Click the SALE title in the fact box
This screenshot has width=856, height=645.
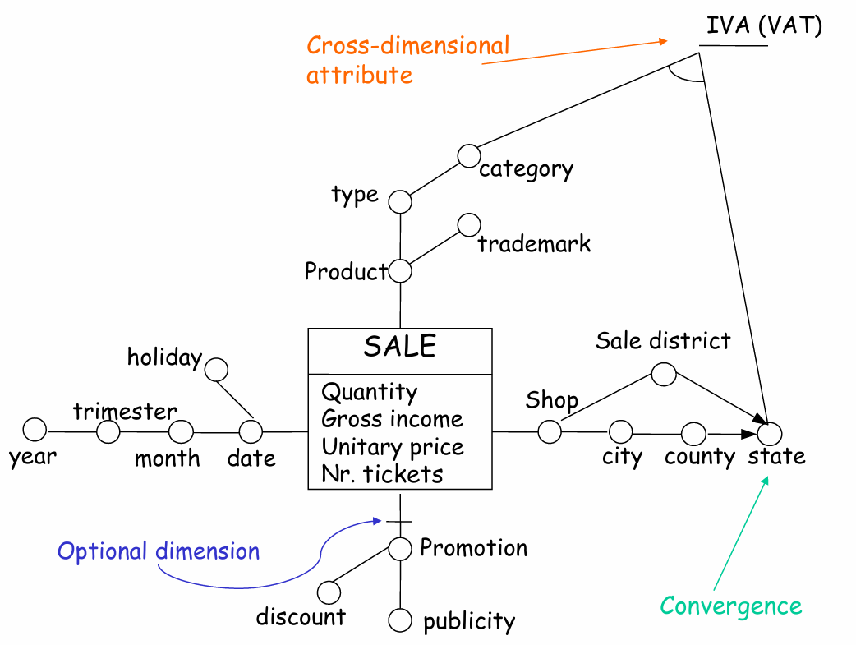tap(399, 347)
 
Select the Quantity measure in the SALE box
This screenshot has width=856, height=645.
tap(369, 392)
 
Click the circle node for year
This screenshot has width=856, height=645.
tap(35, 429)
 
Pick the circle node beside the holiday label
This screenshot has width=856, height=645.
tap(216, 369)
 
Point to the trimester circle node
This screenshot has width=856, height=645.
tap(108, 431)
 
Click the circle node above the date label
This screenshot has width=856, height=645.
tap(251, 431)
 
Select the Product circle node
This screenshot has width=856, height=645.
tap(400, 270)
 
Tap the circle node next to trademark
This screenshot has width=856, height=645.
tap(469, 223)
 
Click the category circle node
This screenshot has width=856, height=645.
tap(469, 154)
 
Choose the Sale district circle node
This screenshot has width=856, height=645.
tap(664, 375)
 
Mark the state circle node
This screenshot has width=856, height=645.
tap(771, 432)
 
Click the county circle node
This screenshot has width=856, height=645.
tap(694, 433)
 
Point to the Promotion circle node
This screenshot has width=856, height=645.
tap(400, 549)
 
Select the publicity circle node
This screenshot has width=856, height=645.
tap(400, 621)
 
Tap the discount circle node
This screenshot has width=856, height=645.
tap(329, 592)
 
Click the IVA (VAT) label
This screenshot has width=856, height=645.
tap(764, 25)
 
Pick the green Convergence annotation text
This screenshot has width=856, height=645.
tap(730, 606)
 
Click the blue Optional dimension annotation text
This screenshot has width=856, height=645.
tap(159, 551)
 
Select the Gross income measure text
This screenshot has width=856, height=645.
tap(392, 419)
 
